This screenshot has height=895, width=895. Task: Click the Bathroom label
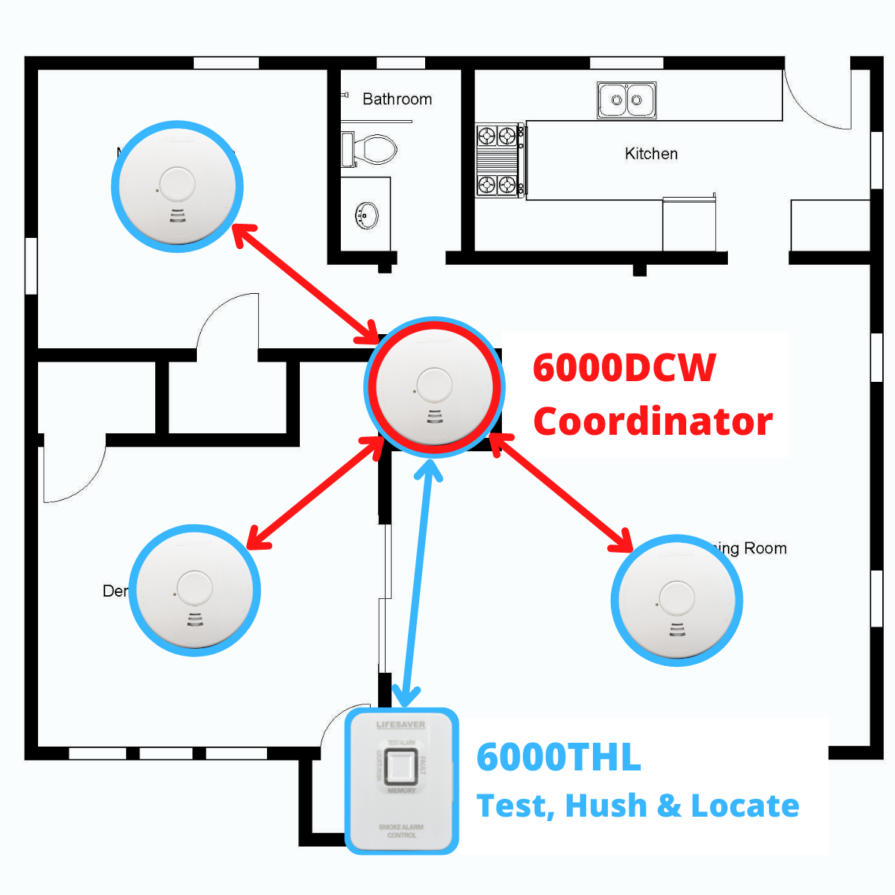tap(397, 99)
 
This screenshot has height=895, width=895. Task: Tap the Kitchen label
tap(651, 154)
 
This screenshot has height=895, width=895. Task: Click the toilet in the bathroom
tap(370, 148)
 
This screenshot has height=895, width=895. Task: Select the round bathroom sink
tap(366, 216)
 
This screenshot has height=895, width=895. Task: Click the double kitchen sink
tap(626, 100)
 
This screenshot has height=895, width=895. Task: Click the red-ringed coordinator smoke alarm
tap(434, 387)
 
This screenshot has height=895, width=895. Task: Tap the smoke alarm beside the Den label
tap(195, 591)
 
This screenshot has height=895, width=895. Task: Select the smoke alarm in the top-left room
tap(177, 186)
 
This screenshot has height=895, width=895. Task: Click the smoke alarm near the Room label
tap(676, 600)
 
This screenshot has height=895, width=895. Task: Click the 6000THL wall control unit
tap(401, 781)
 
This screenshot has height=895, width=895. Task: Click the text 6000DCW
tap(624, 368)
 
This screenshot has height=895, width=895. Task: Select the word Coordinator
tap(653, 421)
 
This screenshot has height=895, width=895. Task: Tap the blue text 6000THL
tap(559, 758)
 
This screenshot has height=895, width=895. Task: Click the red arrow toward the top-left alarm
tap(307, 283)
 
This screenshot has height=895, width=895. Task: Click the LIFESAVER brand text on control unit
tap(401, 725)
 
